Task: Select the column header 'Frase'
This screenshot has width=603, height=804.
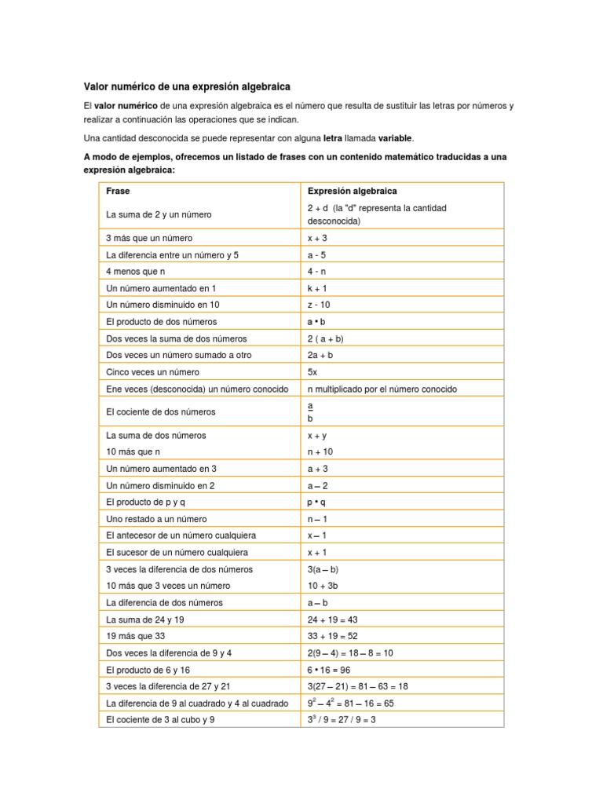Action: pyautogui.click(x=118, y=191)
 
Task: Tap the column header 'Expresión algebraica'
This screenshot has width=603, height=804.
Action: pyautogui.click(x=352, y=191)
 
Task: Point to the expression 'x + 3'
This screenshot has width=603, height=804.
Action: pyautogui.click(x=319, y=237)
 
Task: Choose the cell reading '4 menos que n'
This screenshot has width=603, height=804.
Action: pyautogui.click(x=136, y=272)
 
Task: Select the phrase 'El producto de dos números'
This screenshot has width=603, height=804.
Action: pyautogui.click(x=161, y=322)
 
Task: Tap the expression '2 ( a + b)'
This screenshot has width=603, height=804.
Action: pyautogui.click(x=326, y=338)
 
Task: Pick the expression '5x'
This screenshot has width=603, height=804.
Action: pyautogui.click(x=312, y=372)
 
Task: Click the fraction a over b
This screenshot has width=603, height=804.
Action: pyautogui.click(x=310, y=412)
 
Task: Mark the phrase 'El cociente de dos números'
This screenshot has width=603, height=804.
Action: pyautogui.click(x=160, y=411)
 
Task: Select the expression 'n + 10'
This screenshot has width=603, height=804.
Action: pyautogui.click(x=320, y=451)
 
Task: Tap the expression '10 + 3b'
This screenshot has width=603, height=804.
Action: pyautogui.click(x=323, y=586)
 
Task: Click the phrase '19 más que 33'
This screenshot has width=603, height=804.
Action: pyautogui.click(x=136, y=636)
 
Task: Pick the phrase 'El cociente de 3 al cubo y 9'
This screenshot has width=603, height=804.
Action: pyautogui.click(x=160, y=719)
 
